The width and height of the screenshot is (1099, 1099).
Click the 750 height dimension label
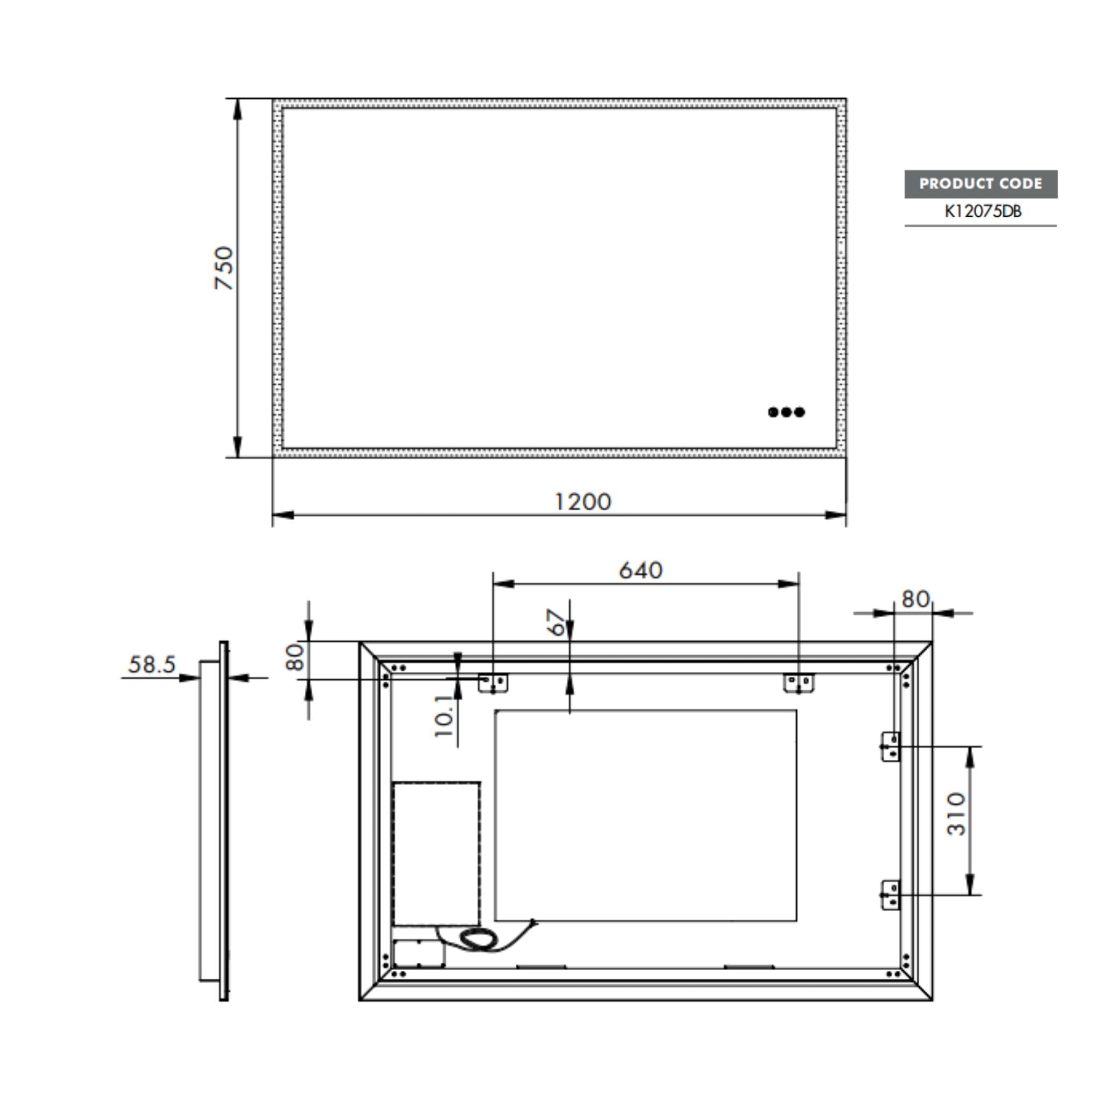(224, 268)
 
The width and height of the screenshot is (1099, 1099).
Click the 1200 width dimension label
(582, 502)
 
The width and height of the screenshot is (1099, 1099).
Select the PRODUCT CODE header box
(981, 184)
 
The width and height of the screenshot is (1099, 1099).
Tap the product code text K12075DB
(983, 211)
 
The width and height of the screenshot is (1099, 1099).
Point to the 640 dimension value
(641, 570)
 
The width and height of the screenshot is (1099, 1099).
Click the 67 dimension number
(556, 622)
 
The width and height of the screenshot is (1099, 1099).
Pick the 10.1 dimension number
(444, 716)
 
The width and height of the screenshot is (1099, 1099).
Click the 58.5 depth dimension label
(152, 664)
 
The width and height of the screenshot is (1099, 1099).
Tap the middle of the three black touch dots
(786, 412)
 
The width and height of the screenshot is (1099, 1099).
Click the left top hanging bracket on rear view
(493, 683)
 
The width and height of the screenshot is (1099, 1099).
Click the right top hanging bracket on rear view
(798, 683)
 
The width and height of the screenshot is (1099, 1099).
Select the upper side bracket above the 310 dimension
(890, 746)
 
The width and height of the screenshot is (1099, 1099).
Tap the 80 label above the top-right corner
(915, 599)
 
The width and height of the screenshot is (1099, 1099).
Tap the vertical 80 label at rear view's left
(295, 656)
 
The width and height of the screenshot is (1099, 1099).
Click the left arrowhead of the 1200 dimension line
(283, 515)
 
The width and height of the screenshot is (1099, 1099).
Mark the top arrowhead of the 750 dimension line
(237, 109)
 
